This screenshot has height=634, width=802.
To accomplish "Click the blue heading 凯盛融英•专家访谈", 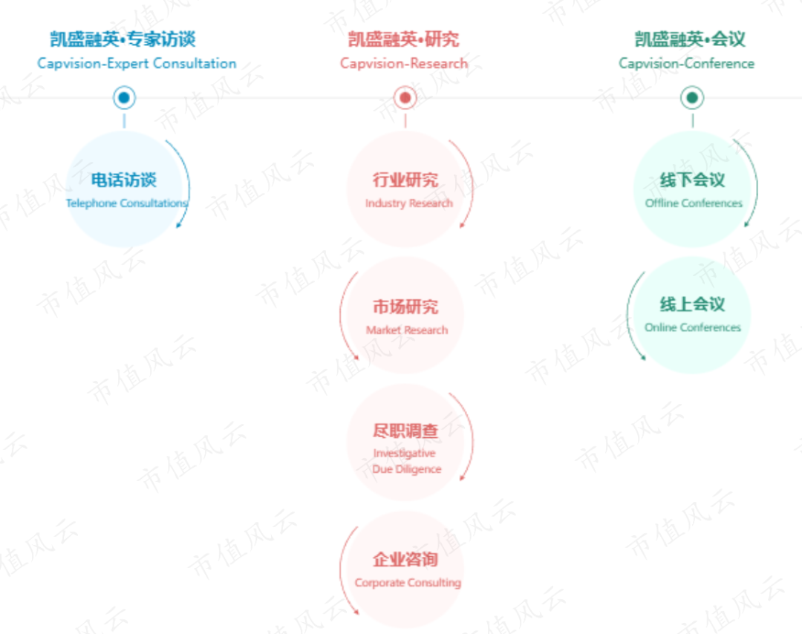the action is tap(123, 39).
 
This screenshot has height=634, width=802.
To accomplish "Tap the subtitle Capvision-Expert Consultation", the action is tap(137, 63).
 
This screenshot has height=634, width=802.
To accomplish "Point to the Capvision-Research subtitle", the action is tap(404, 63).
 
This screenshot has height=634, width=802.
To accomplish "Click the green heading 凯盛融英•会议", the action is tap(690, 39).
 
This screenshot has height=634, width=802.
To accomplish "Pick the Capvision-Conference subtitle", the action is tap(686, 63).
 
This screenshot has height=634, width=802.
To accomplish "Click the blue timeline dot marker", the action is tap(124, 97).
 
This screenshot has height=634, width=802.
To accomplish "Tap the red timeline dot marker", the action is tap(405, 97).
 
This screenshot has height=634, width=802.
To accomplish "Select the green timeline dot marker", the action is tap(692, 97).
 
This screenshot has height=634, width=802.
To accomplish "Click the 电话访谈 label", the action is tap(124, 180).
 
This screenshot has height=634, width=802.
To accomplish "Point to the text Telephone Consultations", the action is tap(126, 203).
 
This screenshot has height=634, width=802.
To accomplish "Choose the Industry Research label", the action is tap(408, 203).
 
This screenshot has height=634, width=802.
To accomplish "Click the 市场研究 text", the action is tap(405, 307).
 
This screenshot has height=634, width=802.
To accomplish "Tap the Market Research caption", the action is tap(407, 330).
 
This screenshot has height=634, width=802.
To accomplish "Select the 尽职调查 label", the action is tap(405, 431).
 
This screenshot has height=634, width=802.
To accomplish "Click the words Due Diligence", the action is tap(407, 469).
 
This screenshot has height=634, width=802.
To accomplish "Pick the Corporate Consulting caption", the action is tap(408, 583).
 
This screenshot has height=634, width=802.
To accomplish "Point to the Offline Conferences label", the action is tap(694, 203).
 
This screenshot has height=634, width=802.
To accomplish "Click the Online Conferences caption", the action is tap(693, 327).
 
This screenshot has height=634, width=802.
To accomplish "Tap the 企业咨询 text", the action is tap(405, 560).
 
